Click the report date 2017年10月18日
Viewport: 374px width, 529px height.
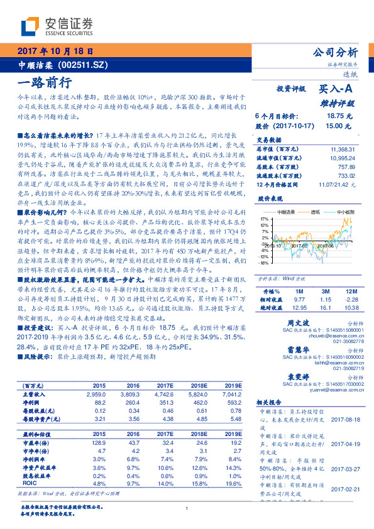coord(56,51)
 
